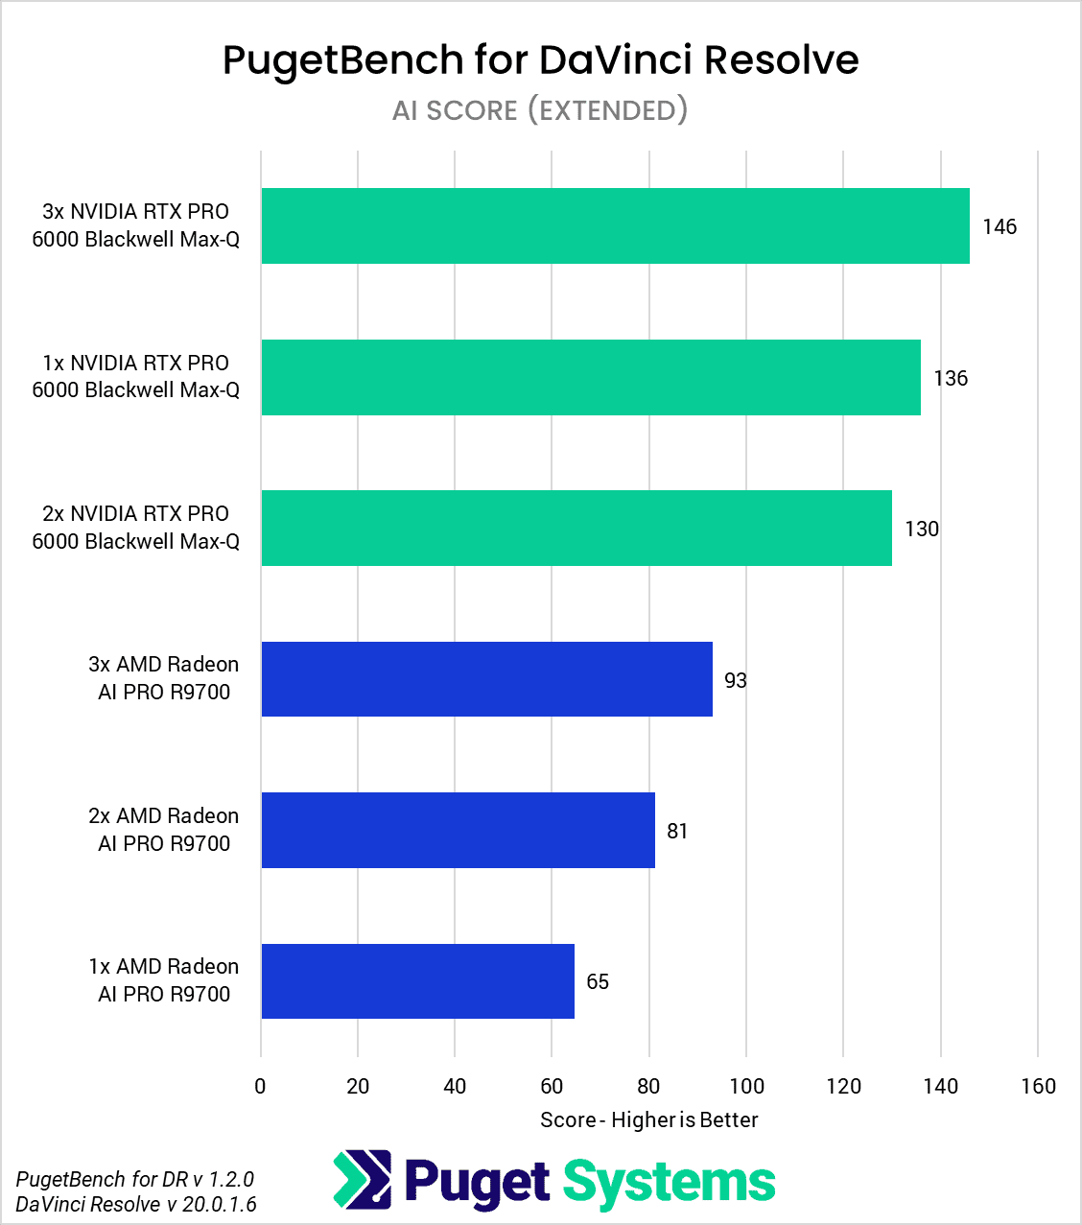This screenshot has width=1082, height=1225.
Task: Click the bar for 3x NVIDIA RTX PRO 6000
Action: pyautogui.click(x=615, y=226)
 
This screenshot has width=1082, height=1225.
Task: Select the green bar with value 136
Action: pyautogui.click(x=591, y=377)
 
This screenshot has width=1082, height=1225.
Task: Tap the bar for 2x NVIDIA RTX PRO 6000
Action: pyautogui.click(x=576, y=529)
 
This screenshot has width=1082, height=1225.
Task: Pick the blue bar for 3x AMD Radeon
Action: pyautogui.click(x=486, y=679)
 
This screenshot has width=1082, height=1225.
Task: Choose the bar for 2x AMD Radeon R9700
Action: pyautogui.click(x=458, y=831)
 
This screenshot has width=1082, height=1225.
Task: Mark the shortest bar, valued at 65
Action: pyautogui.click(x=417, y=981)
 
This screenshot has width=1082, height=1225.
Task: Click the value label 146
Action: pyautogui.click(x=999, y=227)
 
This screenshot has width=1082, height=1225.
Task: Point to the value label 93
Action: pyautogui.click(x=735, y=681)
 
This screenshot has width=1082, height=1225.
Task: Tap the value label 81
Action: pyautogui.click(x=677, y=832)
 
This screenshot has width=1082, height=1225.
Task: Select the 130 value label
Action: pyautogui.click(x=921, y=530)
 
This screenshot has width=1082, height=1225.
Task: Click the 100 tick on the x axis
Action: pyautogui.click(x=746, y=1087)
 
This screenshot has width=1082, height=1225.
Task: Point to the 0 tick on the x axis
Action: pyautogui.click(x=261, y=1087)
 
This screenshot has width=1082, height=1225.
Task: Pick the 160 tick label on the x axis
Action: pyautogui.click(x=1038, y=1087)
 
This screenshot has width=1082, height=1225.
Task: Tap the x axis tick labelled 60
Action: pyautogui.click(x=552, y=1087)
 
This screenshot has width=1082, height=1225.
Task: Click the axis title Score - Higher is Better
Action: pyautogui.click(x=648, y=1120)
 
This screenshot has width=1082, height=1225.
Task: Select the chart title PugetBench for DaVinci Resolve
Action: pyautogui.click(x=540, y=59)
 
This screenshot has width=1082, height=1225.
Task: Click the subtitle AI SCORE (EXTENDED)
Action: pyautogui.click(x=540, y=110)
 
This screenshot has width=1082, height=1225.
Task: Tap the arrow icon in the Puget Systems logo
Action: pyautogui.click(x=363, y=1180)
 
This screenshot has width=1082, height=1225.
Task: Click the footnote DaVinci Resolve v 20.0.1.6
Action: pyautogui.click(x=136, y=1204)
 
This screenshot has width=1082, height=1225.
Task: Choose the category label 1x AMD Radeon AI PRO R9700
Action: pyautogui.click(x=164, y=980)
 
